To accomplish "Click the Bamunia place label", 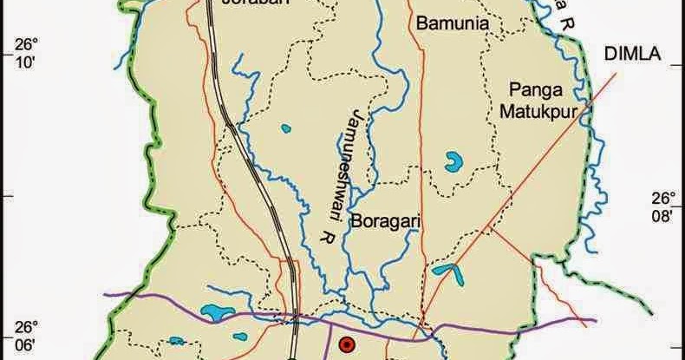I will (451, 23).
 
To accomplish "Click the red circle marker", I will (346, 344).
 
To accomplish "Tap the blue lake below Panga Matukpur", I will (453, 160).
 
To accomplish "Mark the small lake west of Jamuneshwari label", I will (285, 129).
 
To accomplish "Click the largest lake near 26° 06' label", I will (212, 311).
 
